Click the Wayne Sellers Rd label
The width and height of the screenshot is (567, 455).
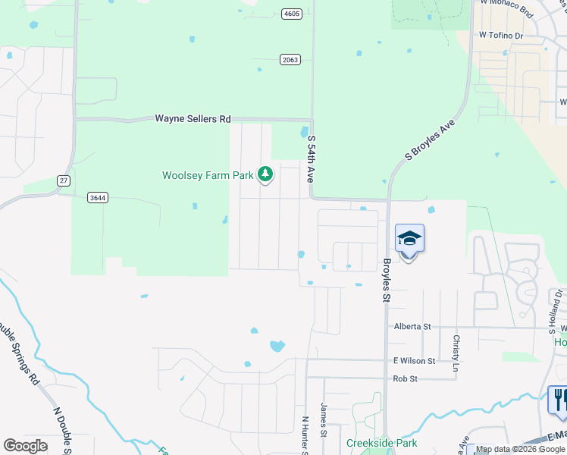[193, 119]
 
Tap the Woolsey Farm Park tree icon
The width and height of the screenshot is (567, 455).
[265, 175]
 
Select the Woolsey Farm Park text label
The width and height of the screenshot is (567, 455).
[208, 175]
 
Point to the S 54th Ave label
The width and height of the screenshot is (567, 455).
[310, 158]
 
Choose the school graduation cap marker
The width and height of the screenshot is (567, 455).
[409, 239]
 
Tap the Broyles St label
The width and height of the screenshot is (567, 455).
[386, 280]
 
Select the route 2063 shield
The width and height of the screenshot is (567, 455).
[290, 59]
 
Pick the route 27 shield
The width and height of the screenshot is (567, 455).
[64, 180]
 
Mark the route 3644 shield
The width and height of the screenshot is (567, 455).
[97, 198]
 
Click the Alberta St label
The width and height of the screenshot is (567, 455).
[412, 326]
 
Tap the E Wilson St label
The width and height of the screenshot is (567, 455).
[414, 362]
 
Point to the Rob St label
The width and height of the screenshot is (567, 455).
[406, 378]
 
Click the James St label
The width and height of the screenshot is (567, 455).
[324, 419]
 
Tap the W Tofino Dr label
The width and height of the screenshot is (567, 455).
[501, 36]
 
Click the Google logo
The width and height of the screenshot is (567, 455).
[25, 446]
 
